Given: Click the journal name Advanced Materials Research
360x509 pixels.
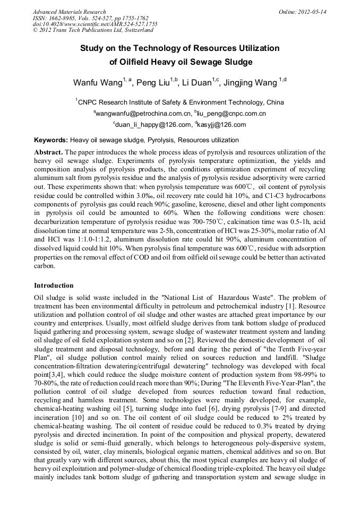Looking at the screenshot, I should click(x=69, y=12).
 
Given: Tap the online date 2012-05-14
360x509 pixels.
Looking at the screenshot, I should click(x=311, y=12).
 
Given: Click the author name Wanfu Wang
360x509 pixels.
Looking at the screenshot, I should click(x=97, y=83).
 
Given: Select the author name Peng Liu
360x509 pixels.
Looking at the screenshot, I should click(x=153, y=83).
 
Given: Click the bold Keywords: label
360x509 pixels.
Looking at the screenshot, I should click(x=51, y=140).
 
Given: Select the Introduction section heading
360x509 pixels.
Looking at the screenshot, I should click(x=54, y=286).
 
